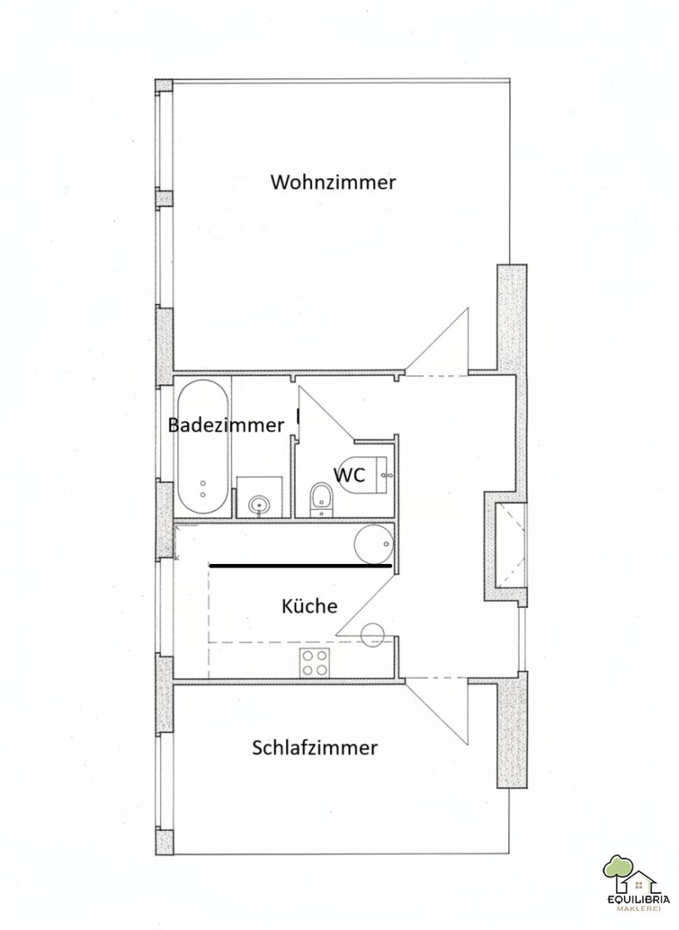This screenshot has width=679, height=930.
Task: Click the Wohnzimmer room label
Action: click(x=333, y=182)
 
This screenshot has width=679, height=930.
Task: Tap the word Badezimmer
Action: click(x=226, y=425)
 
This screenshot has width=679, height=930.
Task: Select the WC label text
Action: click(x=348, y=474)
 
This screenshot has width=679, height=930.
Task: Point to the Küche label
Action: click(x=309, y=605)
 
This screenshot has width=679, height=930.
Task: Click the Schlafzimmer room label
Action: click(x=315, y=747)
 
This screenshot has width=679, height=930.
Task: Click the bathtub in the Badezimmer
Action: click(x=202, y=447)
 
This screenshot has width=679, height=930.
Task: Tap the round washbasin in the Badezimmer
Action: click(x=259, y=505)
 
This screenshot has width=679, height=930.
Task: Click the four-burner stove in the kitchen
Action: click(x=315, y=662)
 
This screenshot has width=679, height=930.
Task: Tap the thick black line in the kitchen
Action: click(x=300, y=567)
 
